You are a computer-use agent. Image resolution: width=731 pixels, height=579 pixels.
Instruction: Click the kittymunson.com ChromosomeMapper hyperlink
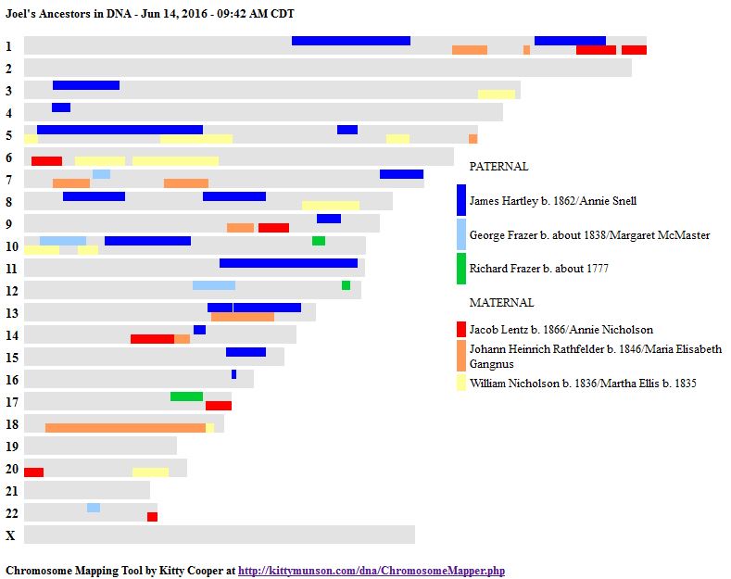(372, 571)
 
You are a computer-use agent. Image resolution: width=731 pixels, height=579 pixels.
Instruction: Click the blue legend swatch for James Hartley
(461, 200)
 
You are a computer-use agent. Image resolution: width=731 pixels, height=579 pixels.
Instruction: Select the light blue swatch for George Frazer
(461, 234)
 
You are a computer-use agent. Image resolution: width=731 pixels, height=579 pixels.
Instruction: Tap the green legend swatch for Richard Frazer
(461, 269)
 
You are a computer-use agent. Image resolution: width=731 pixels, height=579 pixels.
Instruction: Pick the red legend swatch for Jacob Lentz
(461, 329)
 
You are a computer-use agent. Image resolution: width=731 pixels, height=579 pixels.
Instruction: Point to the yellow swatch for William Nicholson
(461, 383)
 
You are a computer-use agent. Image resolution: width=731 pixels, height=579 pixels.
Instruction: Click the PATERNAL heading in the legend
(498, 167)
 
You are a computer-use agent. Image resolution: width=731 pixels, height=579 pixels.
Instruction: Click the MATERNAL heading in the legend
(501, 303)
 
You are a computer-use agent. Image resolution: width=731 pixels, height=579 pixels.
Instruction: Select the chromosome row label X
(10, 535)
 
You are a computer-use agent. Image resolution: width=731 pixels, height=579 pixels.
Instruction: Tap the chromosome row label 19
(11, 447)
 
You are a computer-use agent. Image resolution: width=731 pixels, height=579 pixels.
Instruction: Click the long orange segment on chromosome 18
(125, 428)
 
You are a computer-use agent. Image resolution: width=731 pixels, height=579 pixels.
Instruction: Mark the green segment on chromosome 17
(186, 396)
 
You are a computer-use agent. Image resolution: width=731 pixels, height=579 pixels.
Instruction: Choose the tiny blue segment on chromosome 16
(233, 374)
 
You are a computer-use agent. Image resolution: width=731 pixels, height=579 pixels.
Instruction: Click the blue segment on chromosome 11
(288, 263)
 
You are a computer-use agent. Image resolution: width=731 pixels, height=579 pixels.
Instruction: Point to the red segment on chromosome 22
(152, 517)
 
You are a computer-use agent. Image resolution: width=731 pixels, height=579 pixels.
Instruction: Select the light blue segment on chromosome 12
(214, 285)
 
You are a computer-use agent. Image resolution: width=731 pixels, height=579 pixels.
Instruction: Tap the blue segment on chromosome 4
(61, 107)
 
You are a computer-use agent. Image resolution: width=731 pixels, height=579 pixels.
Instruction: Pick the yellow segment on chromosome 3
(497, 94)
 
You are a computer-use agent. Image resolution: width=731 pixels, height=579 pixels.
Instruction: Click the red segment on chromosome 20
(33, 472)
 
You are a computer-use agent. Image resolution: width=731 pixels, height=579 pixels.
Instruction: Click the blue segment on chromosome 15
(246, 352)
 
